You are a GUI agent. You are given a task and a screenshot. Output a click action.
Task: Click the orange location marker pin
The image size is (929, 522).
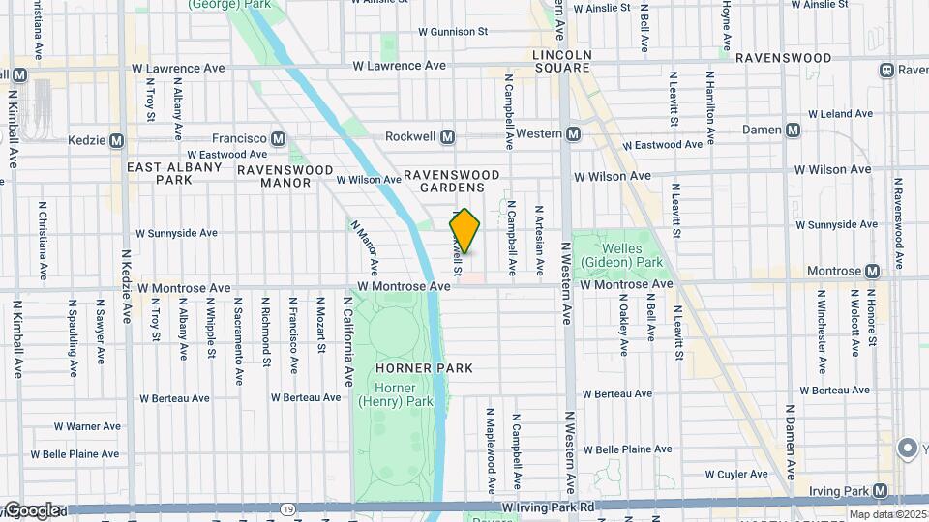coord(464,231)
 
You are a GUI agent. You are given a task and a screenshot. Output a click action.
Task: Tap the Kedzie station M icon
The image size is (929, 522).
coord(117,140)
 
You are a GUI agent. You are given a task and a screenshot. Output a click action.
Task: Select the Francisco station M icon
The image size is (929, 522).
coord(279,138)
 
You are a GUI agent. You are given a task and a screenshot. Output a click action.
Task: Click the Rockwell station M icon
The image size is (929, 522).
coord(447,136)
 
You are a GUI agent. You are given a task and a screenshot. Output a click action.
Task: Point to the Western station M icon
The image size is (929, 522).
coord(573,133)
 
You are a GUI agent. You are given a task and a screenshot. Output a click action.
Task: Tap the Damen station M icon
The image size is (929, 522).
coord(794,130)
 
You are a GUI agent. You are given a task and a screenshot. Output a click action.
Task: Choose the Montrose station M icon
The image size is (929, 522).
coord(873,272)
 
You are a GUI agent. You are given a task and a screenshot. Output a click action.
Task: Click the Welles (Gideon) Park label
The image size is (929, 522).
coord(621,255)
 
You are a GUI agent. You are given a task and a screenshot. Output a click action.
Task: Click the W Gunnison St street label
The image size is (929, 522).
coord(453,32)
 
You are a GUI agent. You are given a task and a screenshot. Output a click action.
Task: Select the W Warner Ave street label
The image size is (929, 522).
coord(87,426)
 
